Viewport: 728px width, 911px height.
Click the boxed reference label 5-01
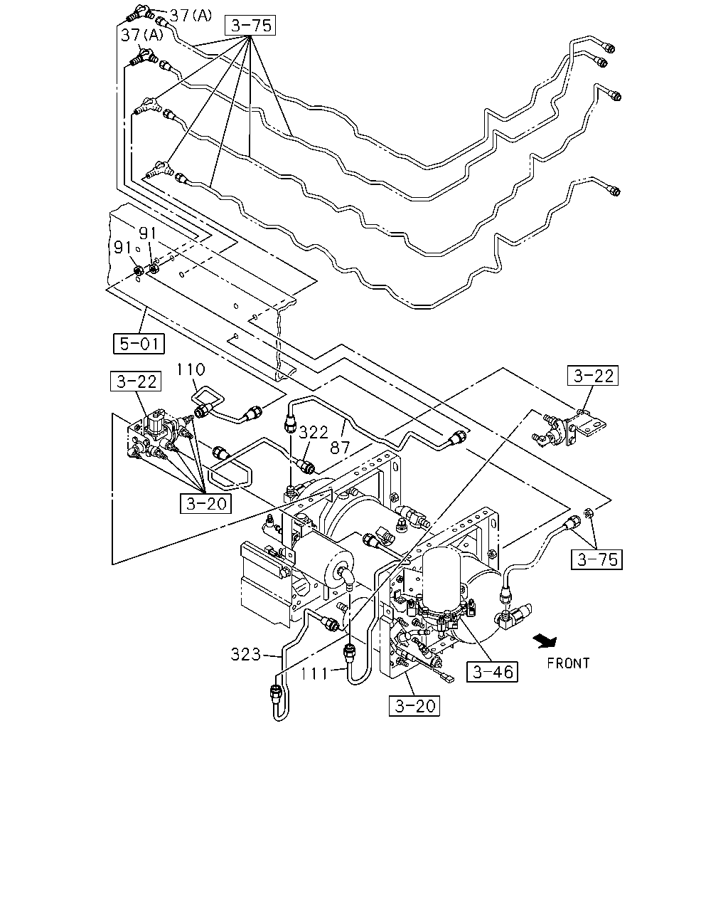point(139,343)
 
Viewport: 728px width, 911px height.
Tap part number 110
point(191,369)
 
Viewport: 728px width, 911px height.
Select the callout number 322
point(314,433)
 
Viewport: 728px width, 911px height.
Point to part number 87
point(340,448)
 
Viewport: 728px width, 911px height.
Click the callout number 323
point(246,655)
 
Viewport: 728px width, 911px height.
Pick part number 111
point(314,673)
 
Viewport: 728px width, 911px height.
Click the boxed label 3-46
point(493,672)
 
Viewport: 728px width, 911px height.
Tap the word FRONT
point(568,663)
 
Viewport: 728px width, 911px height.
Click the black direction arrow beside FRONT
point(545,641)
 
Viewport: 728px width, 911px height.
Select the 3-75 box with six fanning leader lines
point(250,26)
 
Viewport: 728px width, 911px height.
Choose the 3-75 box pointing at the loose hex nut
point(597,559)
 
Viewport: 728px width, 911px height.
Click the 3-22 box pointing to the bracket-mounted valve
point(593,376)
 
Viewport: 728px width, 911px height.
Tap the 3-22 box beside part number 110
point(136,381)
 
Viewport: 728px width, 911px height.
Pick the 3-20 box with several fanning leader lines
point(205,504)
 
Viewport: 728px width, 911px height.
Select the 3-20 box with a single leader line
point(414,706)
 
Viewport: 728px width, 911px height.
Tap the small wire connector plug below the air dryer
point(448,678)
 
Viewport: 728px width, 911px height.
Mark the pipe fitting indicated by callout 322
point(306,466)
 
